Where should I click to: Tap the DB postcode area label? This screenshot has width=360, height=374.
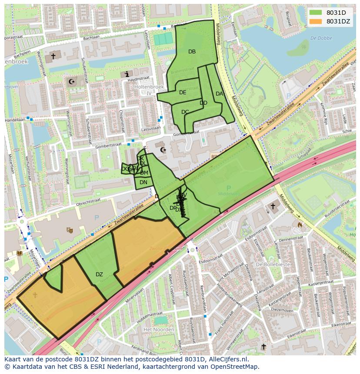(192, 52)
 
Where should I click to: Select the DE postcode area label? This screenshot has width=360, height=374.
(183, 93)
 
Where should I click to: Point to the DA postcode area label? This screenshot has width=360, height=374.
(219, 94)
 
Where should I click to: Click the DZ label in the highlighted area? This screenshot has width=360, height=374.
(99, 275)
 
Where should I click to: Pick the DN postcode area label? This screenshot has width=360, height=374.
(143, 182)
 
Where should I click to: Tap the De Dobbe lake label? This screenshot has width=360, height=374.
(321, 38)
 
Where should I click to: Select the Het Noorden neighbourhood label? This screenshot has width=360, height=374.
(159, 330)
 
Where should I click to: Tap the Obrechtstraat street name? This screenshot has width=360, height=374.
(88, 201)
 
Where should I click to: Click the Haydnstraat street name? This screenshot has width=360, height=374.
(139, 79)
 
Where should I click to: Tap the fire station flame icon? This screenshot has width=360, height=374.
(299, 225)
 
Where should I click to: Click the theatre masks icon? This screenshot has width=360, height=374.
(69, 230)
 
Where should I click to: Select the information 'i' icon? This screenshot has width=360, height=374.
(127, 74)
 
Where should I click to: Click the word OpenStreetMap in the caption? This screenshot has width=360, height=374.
(234, 367)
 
